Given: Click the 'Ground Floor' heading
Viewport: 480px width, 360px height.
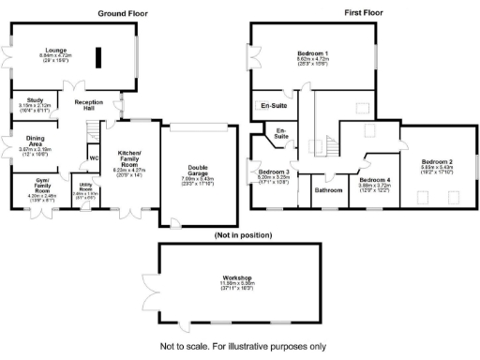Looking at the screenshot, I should click(x=124, y=14).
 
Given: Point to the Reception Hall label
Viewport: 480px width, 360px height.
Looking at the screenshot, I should click(x=89, y=104).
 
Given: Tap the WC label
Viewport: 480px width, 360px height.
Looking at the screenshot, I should click(x=94, y=157).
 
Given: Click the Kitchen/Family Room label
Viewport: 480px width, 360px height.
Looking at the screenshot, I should click(x=131, y=157).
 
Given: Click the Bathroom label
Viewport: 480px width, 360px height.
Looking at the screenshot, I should click(x=329, y=190).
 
